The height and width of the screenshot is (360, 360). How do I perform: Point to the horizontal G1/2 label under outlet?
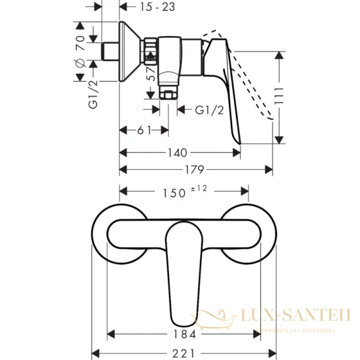tap(210, 109)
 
